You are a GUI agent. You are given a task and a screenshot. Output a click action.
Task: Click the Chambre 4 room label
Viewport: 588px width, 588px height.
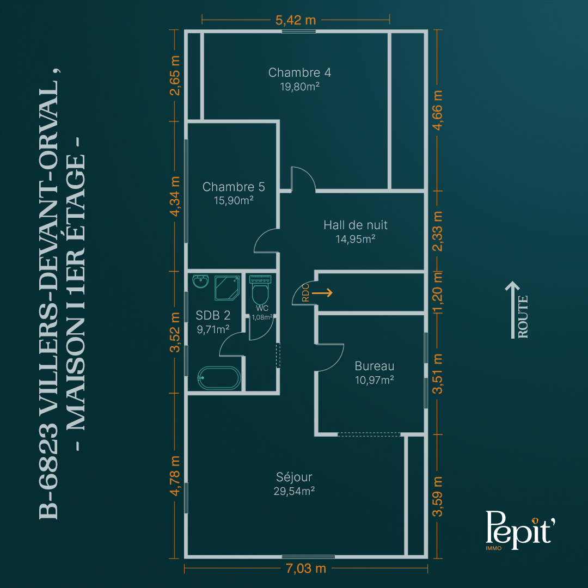(x=299, y=72)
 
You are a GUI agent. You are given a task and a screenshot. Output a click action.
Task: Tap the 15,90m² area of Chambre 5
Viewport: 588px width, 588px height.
(x=234, y=200)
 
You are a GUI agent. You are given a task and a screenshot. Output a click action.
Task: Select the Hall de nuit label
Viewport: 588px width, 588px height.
(x=356, y=225)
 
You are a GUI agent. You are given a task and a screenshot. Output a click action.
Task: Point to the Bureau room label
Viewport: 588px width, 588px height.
(x=374, y=366)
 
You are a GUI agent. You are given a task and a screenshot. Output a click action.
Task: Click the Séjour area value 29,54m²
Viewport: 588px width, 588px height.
(x=294, y=491)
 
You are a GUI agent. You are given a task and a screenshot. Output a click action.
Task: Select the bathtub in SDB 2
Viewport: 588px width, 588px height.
(x=219, y=378)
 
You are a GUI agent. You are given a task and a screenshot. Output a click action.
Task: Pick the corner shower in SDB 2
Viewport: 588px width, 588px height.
(x=227, y=288)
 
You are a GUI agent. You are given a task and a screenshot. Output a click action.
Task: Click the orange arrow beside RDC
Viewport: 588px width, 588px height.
(x=322, y=292)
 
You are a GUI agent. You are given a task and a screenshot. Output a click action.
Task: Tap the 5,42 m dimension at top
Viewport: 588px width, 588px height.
(x=296, y=20)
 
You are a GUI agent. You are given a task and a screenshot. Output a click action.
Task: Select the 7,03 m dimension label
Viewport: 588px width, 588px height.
(x=305, y=568)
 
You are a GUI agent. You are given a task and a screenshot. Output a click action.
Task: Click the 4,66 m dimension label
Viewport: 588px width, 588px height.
(x=437, y=110)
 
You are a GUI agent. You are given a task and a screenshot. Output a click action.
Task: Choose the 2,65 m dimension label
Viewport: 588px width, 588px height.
(x=175, y=75)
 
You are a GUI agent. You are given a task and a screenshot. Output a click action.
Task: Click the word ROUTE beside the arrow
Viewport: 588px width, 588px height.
(x=523, y=317)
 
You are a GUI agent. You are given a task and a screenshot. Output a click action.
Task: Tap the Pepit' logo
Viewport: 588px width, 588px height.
(x=520, y=530)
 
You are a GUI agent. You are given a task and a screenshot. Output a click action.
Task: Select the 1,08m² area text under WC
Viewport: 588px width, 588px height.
(x=262, y=317)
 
